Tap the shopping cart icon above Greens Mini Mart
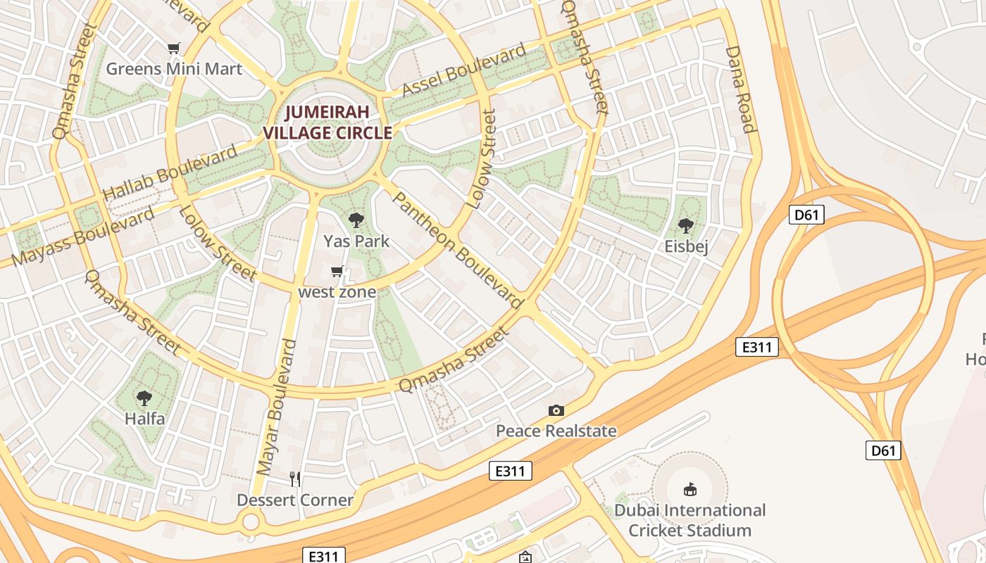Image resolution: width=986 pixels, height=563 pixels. [x=174, y=48]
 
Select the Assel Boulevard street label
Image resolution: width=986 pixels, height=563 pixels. [x=464, y=70]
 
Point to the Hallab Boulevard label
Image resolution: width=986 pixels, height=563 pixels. [x=170, y=173]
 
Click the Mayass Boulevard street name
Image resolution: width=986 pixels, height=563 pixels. [x=83, y=236]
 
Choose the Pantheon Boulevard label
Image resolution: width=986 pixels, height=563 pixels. [x=457, y=251]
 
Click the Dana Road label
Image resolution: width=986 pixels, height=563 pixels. [x=739, y=89]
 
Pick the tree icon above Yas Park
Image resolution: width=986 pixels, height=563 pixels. [x=356, y=220]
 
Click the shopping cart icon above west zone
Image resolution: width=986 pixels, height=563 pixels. [x=337, y=271]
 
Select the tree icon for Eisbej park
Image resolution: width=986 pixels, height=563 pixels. [x=686, y=225]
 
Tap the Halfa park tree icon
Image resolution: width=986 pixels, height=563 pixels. [x=144, y=398]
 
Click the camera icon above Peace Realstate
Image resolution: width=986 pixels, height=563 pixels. [x=556, y=410]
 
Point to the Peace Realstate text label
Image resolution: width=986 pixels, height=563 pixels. [x=556, y=431]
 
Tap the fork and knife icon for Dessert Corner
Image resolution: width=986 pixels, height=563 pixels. [x=295, y=479]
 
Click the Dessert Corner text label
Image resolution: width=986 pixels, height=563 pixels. [x=295, y=500]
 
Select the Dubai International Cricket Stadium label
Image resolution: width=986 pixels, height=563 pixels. [x=689, y=520]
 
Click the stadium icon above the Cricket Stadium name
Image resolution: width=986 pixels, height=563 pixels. [x=689, y=489]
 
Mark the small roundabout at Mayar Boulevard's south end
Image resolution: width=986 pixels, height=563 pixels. [x=250, y=522]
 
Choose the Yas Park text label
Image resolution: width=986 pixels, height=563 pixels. [x=356, y=241]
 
